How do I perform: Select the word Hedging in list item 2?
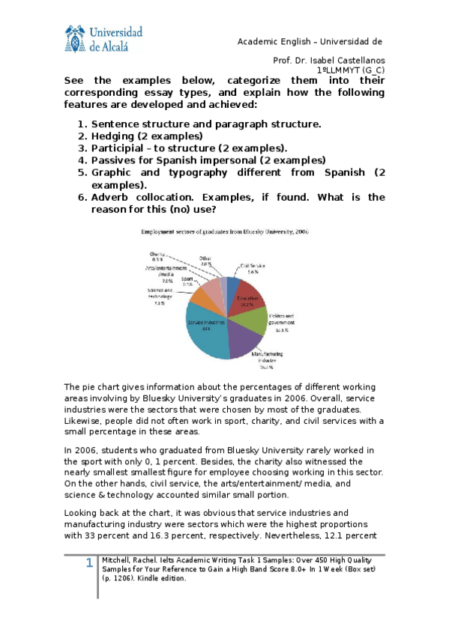[112, 136]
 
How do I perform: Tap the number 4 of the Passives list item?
[81, 160]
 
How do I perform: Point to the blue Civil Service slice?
[232, 285]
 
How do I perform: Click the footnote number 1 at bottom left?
[88, 563]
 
